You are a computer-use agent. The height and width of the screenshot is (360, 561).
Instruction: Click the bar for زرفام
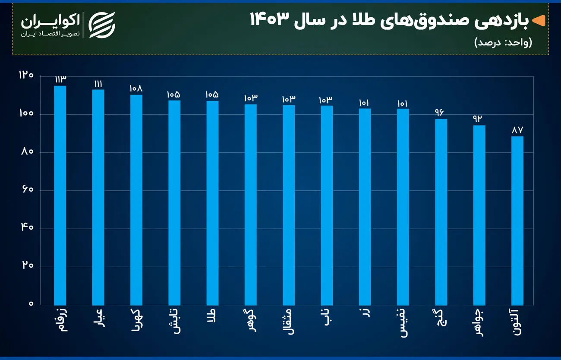click(60, 195)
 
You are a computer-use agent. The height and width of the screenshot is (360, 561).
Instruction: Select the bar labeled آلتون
click(517, 221)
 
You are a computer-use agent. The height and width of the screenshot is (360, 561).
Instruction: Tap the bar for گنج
click(441, 212)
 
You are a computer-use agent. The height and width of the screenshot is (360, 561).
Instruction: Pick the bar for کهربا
click(136, 200)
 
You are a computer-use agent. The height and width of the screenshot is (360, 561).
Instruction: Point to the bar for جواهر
click(479, 215)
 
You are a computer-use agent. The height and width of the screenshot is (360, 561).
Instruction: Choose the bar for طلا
click(212, 203)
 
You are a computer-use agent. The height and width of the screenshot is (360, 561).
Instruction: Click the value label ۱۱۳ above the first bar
click(60, 79)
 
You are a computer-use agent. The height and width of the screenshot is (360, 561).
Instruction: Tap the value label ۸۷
click(517, 130)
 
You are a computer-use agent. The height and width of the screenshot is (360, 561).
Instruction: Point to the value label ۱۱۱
click(98, 83)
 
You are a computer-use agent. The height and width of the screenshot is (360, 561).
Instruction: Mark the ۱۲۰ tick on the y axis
click(25, 76)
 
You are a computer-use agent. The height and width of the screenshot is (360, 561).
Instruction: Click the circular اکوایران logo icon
click(102, 25)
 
